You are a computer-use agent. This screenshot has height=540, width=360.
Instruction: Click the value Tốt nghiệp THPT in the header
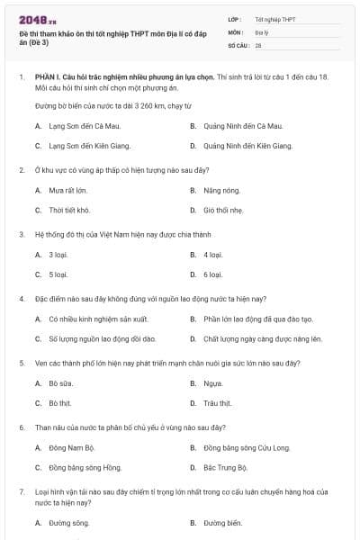point(274,19)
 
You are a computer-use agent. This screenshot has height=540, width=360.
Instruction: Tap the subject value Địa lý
point(262,31)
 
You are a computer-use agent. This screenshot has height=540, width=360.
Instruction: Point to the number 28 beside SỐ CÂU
point(258,44)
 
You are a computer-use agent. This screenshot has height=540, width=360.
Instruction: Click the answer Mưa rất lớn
point(67,191)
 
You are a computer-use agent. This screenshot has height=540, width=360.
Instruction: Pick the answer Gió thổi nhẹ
point(223,210)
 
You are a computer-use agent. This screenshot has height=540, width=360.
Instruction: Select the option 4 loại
point(212,255)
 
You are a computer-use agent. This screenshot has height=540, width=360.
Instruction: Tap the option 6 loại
point(212,274)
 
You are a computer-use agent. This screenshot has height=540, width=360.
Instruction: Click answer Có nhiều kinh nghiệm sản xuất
point(97,319)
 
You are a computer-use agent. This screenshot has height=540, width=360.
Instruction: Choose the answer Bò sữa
point(60,383)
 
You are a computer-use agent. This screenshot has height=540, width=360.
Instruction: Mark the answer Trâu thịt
point(218,402)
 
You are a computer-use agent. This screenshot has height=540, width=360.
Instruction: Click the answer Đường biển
point(223,522)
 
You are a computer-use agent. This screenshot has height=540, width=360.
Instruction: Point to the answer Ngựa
point(212,383)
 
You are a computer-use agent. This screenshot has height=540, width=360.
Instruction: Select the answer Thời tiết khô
point(69,210)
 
